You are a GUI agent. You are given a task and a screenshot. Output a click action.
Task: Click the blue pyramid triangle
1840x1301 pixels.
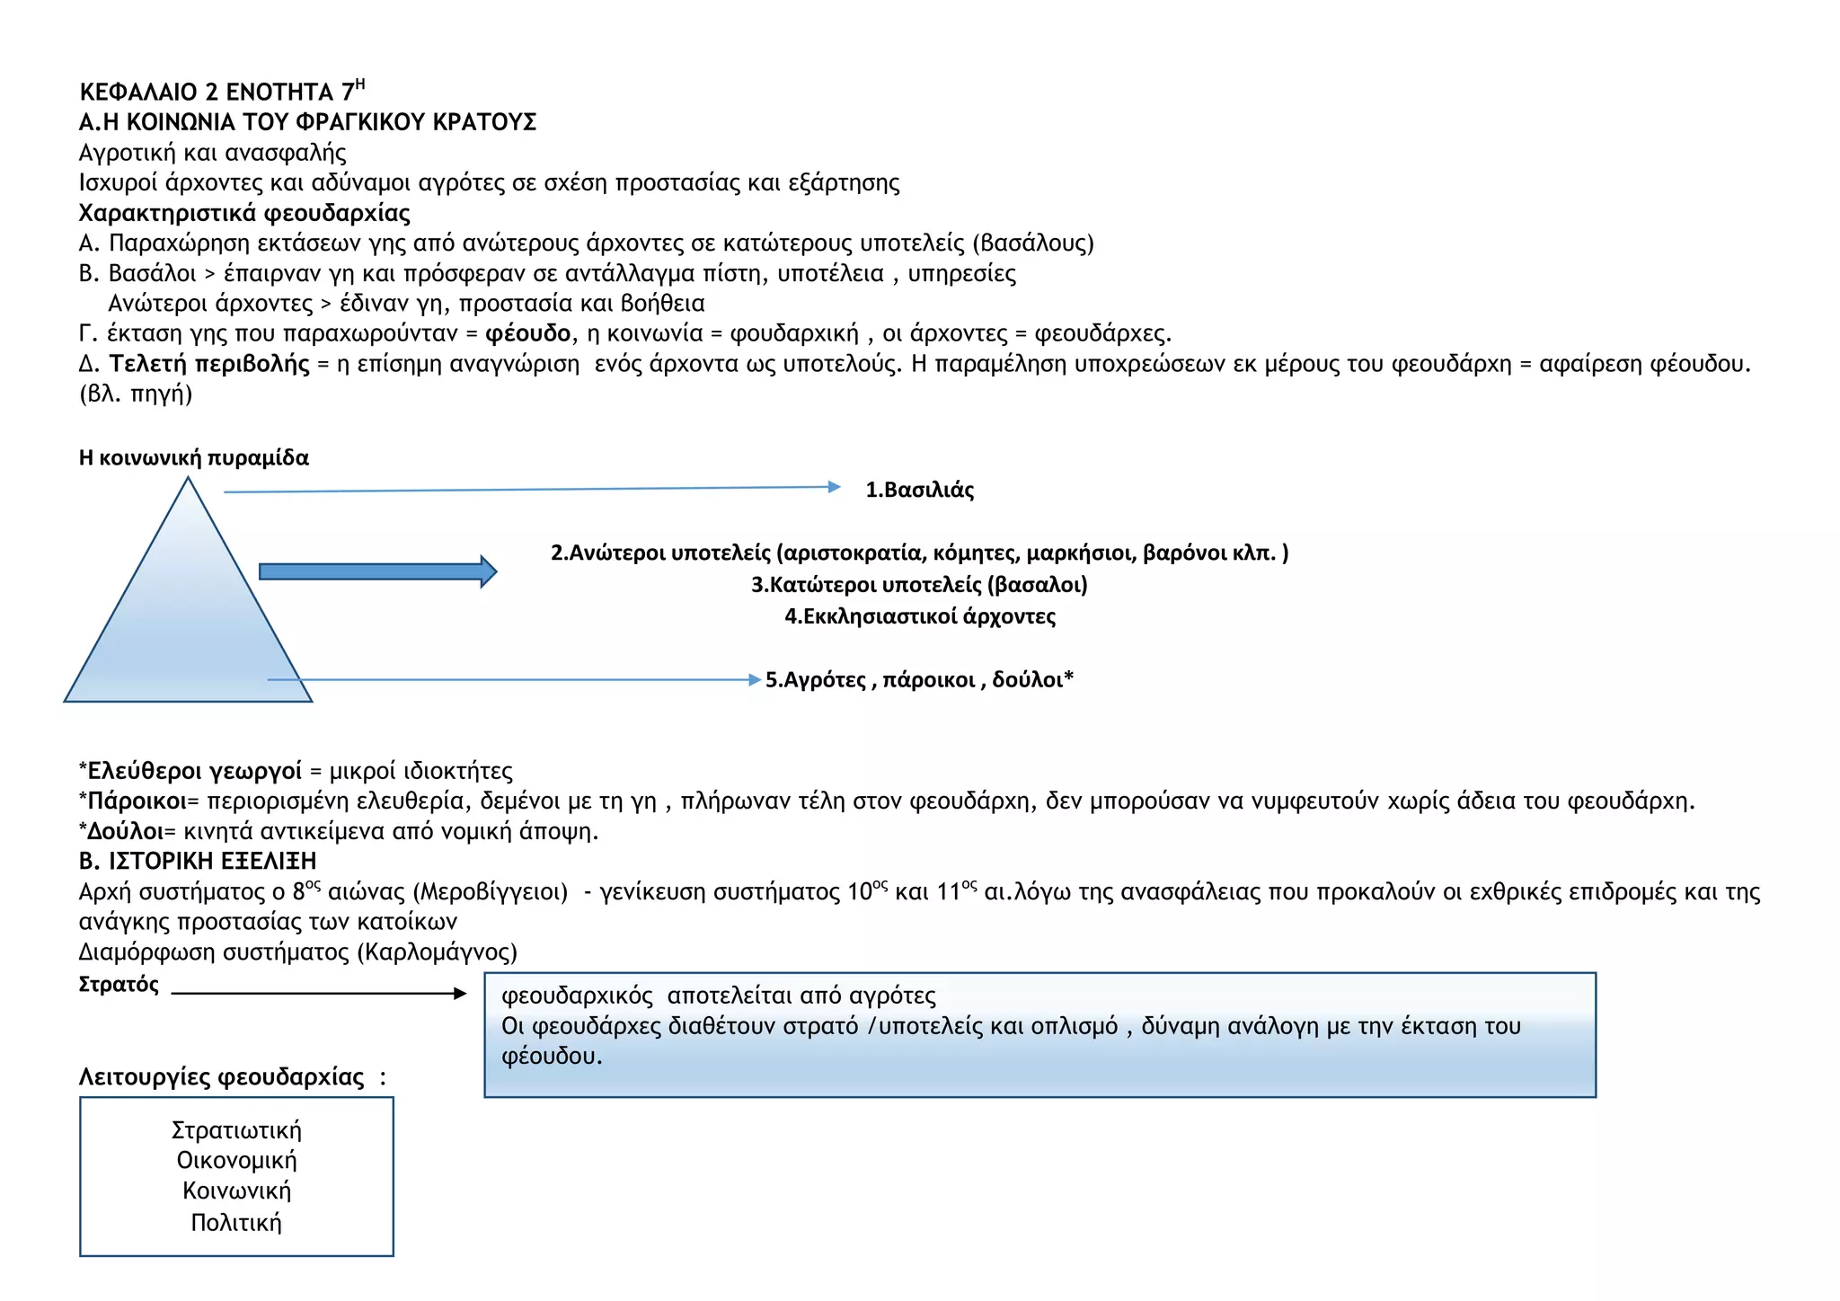click(188, 620)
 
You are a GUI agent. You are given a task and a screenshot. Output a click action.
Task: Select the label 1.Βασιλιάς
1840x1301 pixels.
click(919, 490)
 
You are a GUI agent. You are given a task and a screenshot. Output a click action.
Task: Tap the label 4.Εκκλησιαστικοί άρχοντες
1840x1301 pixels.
click(920, 616)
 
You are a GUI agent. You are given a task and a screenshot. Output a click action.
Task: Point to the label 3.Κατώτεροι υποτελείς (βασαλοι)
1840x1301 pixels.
click(919, 585)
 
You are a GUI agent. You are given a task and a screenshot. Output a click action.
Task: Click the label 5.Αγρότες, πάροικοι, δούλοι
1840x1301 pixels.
click(918, 679)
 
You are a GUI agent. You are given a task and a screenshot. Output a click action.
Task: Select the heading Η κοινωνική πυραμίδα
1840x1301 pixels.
click(194, 458)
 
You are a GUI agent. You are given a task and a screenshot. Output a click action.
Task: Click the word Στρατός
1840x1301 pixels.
click(119, 985)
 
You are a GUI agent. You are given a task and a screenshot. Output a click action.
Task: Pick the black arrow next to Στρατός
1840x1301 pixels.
click(319, 993)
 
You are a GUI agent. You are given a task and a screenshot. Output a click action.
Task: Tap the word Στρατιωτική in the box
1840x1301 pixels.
click(236, 1130)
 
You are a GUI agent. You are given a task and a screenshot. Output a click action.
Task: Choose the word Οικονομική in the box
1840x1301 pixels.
click(236, 1160)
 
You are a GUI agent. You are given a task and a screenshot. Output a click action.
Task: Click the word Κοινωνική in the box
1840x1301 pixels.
click(236, 1190)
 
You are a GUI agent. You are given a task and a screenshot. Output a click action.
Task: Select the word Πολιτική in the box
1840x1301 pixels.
click(236, 1222)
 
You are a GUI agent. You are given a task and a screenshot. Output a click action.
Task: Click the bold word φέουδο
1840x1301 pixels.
click(528, 333)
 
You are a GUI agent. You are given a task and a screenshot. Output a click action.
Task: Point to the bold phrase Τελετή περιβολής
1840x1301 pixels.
click(209, 364)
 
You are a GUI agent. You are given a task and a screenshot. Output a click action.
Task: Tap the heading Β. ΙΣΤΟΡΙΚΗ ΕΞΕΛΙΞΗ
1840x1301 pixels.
click(198, 861)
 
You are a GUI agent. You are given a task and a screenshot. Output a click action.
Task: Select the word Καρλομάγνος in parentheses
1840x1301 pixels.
click(438, 951)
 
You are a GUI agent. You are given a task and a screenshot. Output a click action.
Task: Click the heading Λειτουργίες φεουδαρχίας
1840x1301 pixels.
click(222, 1076)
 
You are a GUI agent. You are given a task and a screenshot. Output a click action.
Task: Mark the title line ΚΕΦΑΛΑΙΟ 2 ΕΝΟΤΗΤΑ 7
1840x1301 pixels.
click(221, 92)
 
